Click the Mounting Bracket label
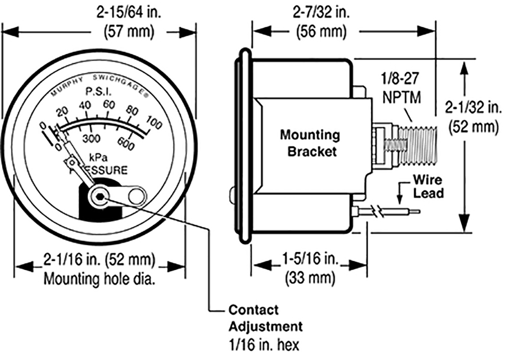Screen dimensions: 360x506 [310, 142]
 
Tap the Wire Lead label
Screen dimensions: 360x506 [428, 186]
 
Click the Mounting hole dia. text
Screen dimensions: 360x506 [100, 278]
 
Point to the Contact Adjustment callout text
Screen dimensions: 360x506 [265, 318]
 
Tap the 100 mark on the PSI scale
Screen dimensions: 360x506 [153, 124]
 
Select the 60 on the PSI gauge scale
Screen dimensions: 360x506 [109, 105]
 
